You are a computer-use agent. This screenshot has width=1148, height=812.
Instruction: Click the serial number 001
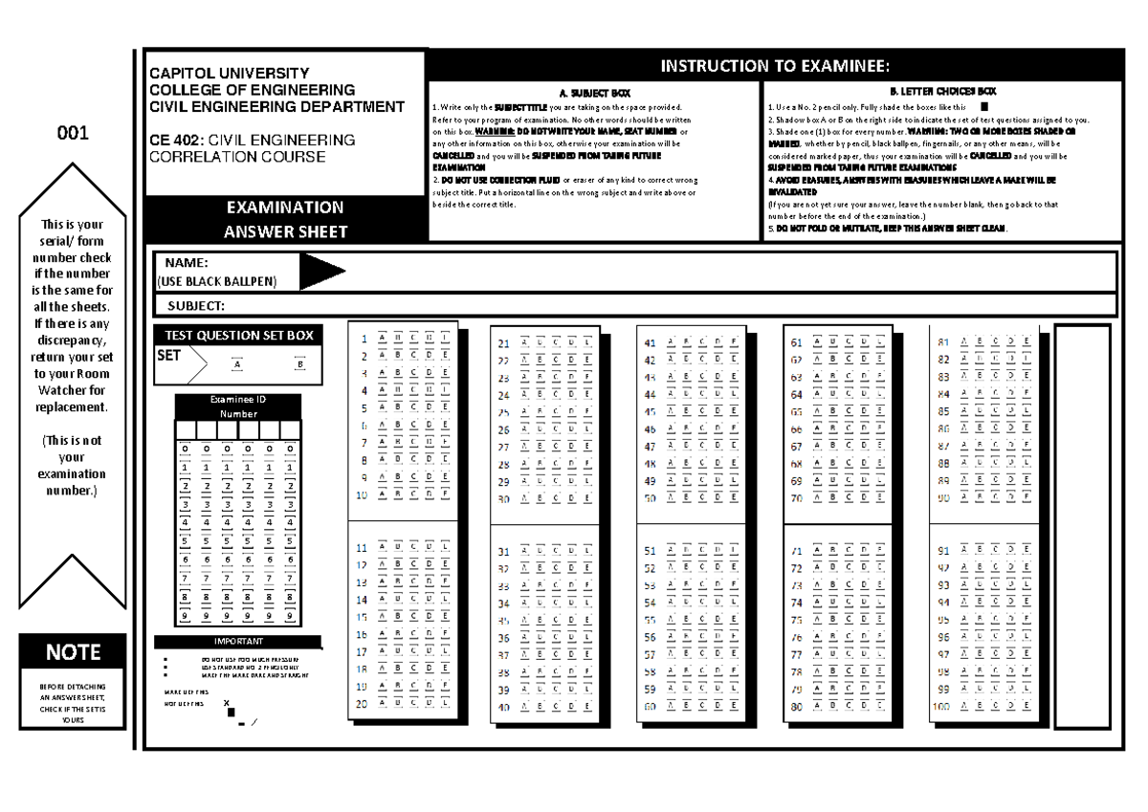(73, 134)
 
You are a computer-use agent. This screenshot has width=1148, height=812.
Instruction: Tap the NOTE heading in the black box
(73, 652)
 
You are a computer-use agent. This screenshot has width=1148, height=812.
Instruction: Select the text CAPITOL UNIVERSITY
(227, 73)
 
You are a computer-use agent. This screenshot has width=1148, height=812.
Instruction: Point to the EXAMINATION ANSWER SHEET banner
(284, 219)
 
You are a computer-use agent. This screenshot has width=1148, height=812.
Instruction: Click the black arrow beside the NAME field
(321, 272)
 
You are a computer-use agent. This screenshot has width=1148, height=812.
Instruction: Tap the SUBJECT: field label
(196, 306)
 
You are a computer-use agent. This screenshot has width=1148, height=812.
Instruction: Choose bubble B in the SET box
(299, 364)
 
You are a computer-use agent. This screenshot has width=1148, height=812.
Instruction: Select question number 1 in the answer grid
(364, 338)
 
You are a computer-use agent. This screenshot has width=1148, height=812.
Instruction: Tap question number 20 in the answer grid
(362, 703)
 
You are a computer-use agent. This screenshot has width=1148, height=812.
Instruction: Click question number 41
(650, 342)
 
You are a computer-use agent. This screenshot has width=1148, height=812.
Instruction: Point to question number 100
(942, 706)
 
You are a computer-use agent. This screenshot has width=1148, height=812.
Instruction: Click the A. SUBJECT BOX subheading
(594, 93)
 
